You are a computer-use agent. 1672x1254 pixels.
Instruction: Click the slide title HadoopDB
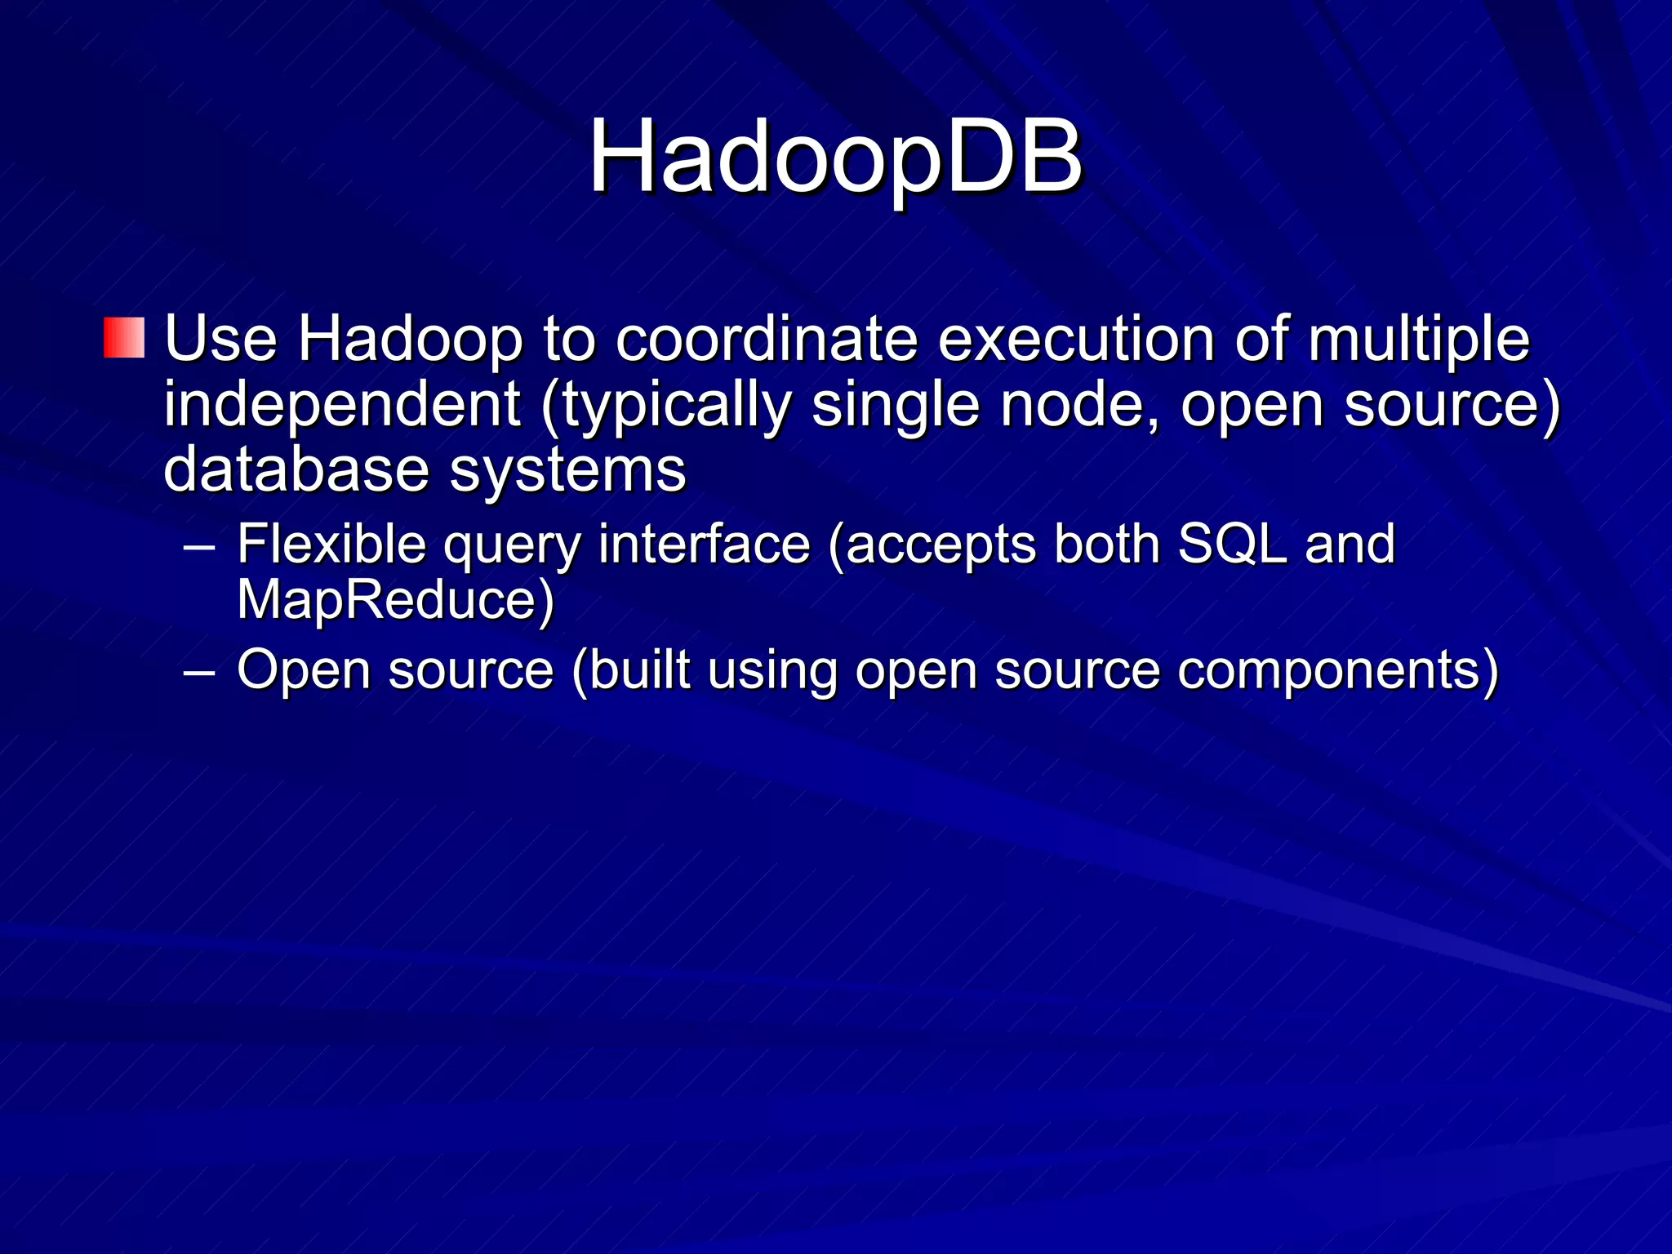pos(835,157)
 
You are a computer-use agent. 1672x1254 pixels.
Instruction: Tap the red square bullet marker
pos(124,338)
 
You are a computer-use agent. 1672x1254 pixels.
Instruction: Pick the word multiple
pos(1418,340)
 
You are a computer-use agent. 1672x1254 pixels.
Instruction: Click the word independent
pos(342,405)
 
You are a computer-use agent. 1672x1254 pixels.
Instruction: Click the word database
pos(296,470)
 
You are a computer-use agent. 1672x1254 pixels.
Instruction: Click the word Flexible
pos(331,544)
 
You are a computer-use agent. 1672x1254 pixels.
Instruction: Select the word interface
pos(704,544)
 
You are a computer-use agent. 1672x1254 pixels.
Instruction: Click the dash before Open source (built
pos(199,672)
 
